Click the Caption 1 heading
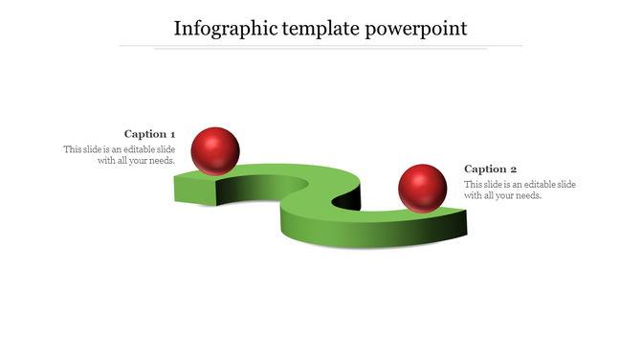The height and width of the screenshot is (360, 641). pos(150,134)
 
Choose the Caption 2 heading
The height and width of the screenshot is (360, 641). pos(491,169)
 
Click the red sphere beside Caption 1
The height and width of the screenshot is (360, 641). pos(215,150)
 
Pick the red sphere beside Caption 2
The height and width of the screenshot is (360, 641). pos(423,188)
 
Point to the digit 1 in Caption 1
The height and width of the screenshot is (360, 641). pos(172,134)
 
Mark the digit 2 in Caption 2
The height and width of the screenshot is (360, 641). pos(514,169)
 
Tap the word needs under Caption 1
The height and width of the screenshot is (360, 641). pos(160,161)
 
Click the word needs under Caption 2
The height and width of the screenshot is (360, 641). pos(527,195)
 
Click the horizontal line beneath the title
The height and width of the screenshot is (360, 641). pos(320,45)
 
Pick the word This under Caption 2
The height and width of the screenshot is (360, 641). pos(474,184)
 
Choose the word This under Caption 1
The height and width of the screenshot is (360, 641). pos(74,149)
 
